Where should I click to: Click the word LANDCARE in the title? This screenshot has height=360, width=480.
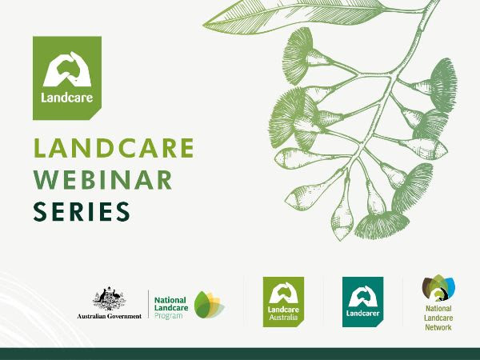114,148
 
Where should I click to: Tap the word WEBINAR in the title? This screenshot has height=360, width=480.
102,180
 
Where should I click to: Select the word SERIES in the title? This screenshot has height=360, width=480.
82,211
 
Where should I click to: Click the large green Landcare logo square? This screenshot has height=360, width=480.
67,78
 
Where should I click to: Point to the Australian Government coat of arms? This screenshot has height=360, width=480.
110,298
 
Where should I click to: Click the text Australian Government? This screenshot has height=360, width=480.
110,316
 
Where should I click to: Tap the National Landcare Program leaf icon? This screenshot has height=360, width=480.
210,305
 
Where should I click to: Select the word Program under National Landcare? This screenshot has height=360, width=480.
168,316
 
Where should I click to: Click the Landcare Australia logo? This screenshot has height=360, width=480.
283,302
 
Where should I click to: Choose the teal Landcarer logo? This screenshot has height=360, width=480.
362,302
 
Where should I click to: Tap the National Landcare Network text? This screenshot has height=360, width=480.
438,318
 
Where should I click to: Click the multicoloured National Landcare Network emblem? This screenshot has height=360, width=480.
438,288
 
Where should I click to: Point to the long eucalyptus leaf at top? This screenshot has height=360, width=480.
294,16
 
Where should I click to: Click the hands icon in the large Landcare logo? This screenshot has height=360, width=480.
67,69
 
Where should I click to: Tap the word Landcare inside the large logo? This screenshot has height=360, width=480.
67,98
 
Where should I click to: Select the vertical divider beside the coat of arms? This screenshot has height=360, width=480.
149,304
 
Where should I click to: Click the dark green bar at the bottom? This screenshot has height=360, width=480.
240,354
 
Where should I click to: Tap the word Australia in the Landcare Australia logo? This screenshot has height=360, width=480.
283,317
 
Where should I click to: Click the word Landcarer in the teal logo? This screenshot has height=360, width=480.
362,313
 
